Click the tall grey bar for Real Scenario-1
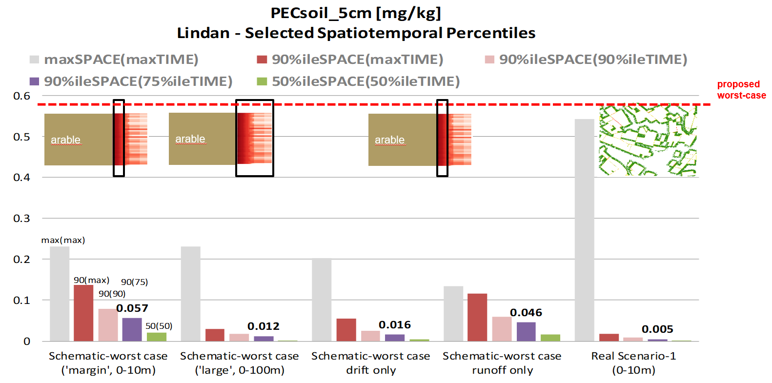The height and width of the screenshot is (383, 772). tap(584, 230)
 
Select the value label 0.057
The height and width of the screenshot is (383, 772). tap(132, 308)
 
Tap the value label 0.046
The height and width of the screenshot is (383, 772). tap(526, 313)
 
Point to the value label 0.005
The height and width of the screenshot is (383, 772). tap(657, 329)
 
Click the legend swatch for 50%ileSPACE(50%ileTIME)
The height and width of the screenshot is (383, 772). tap(262, 81)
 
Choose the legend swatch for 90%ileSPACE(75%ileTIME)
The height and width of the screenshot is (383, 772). tap(34, 81)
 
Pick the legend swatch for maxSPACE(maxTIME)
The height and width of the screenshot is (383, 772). tap(34, 60)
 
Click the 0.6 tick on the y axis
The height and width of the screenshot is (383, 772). tap(21, 96)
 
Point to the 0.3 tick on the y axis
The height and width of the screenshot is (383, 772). tap(21, 219)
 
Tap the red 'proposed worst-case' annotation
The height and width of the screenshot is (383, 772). tap(741, 90)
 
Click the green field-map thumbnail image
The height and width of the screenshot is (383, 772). tap(648, 141)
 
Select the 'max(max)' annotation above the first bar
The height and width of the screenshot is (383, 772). tap(63, 240)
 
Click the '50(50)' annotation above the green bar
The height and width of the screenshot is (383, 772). tap(159, 326)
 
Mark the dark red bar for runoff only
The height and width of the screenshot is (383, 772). tap(477, 317)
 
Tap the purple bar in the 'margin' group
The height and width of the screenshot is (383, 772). tap(132, 329)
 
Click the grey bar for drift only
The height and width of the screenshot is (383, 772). tap(322, 300)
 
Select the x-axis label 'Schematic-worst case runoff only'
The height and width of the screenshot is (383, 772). tap(502, 363)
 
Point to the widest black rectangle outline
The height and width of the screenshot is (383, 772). tap(254, 138)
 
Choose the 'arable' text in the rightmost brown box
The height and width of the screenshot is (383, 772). tap(389, 140)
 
